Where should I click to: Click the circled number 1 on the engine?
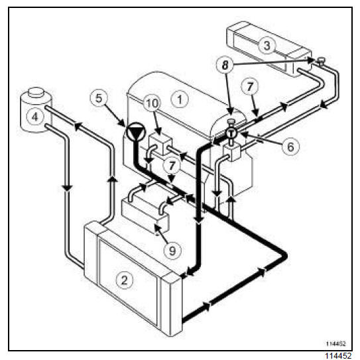tap(180, 99)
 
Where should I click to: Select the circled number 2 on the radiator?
tap(125, 280)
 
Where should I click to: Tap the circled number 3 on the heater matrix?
tap(267, 45)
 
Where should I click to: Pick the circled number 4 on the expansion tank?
tap(35, 117)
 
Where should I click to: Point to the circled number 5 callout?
tap(99, 98)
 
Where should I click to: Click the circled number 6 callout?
tap(290, 147)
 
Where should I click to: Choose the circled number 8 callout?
tap(225, 65)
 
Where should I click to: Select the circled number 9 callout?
tap(172, 250)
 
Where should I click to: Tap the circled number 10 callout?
tap(152, 103)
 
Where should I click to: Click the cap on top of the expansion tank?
tap(36, 92)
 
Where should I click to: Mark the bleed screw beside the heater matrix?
tap(321, 61)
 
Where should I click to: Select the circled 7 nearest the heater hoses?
tap(250, 87)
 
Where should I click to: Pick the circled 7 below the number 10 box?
tap(172, 166)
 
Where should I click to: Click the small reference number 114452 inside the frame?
tap(336, 343)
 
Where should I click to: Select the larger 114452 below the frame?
tap(338, 355)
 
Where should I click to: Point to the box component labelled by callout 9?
tap(145, 215)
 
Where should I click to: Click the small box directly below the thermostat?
tap(231, 152)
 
